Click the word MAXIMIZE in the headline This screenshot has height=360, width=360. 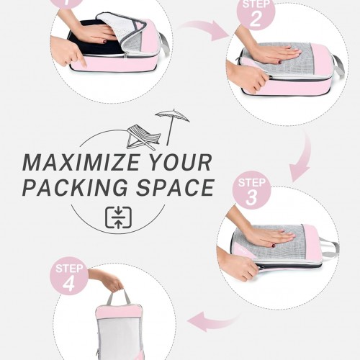81,163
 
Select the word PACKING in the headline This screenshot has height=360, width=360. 75,187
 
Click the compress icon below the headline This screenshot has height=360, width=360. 118,217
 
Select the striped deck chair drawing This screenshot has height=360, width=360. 143,138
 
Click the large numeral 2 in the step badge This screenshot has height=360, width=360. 255,19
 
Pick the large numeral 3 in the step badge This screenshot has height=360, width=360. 251,198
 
